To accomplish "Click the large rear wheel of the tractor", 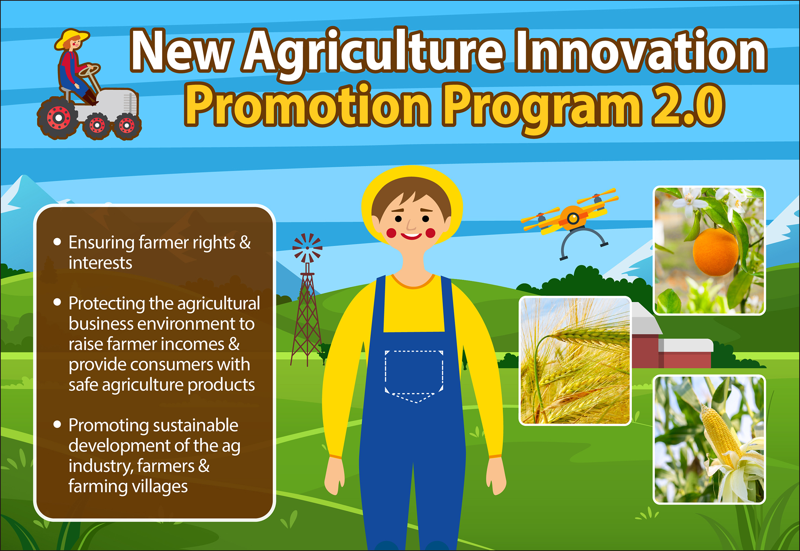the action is coord(59,118).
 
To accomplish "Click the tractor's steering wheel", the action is coord(89,70).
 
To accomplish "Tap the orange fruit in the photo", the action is coord(715,252).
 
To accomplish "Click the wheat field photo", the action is coord(575,360).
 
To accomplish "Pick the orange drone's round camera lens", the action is coord(573,218).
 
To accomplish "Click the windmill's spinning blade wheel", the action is coord(307,248).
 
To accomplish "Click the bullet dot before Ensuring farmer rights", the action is coord(57,242).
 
